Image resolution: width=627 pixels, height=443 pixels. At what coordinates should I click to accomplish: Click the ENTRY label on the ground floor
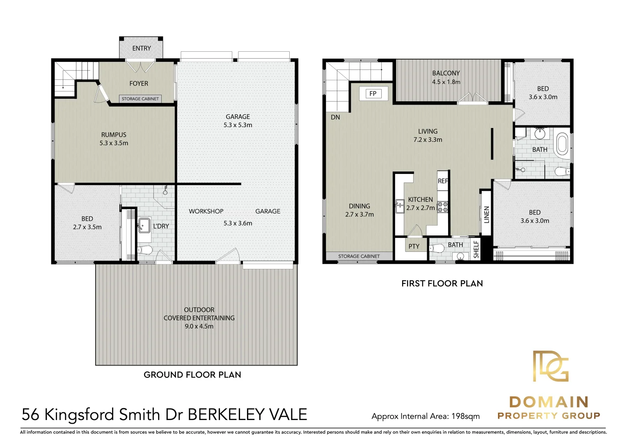tap(142, 48)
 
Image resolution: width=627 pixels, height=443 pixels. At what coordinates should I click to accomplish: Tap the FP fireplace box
tap(373, 94)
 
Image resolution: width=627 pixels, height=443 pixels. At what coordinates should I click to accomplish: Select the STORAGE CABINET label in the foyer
tap(140, 99)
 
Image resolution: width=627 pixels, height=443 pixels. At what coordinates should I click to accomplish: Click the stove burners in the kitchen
tap(443, 207)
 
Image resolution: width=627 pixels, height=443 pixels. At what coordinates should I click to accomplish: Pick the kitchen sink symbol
tap(399, 207)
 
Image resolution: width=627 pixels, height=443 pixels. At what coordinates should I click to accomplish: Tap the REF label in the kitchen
tap(443, 181)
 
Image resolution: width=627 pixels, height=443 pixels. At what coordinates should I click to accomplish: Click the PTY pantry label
tap(414, 247)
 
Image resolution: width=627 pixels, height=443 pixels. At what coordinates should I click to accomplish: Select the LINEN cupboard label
tap(487, 215)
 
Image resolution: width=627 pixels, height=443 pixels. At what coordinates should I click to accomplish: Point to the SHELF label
tap(476, 249)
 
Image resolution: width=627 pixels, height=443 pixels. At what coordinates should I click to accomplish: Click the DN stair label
tap(335, 117)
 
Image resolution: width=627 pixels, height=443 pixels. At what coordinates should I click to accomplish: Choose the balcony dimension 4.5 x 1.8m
tap(446, 82)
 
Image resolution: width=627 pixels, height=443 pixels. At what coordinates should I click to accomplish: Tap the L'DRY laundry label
tap(161, 226)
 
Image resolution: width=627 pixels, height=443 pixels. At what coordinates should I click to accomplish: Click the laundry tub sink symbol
tap(144, 225)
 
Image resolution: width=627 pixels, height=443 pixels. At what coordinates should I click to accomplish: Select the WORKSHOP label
tap(206, 211)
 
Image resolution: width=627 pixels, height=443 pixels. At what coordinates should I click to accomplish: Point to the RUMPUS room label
tap(114, 135)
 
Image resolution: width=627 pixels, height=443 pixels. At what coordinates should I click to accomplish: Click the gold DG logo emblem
tap(551, 366)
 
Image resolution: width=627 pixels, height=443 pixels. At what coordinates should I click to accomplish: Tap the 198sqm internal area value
tap(465, 416)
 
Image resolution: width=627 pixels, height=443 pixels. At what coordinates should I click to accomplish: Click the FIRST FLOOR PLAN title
tap(442, 283)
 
